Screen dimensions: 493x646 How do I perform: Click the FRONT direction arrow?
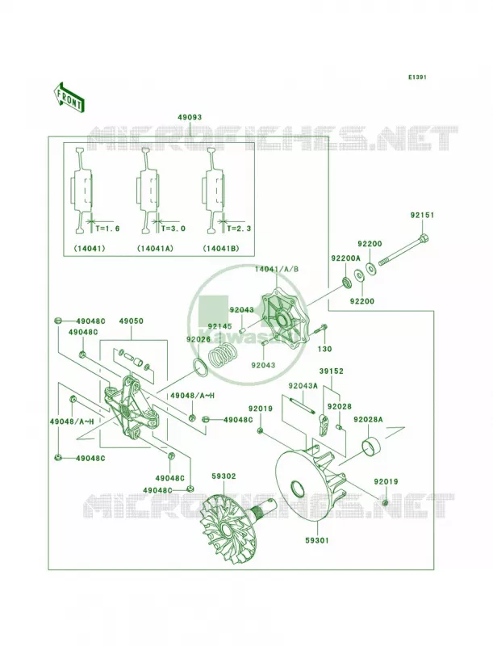pos(69,96)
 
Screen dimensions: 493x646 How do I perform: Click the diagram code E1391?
pos(417,77)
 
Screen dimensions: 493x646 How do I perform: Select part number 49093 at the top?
pos(190,117)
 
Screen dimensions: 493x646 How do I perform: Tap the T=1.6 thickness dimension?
pos(107,229)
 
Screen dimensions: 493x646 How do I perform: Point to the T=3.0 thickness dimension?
pos(173,229)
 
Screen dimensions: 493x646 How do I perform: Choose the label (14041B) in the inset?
pos(221,249)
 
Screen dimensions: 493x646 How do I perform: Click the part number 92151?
pos(422,215)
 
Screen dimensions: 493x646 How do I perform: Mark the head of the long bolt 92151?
pos(424,238)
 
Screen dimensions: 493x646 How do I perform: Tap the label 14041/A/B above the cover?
pos(277,270)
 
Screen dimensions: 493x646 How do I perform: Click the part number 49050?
pos(132,321)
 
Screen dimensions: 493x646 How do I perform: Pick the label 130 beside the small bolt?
pos(324,349)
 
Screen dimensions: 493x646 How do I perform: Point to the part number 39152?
pos(331,371)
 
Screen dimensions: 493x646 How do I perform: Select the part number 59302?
pos(224,476)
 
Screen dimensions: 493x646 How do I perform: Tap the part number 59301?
pos(317,540)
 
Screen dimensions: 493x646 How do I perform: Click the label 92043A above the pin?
pos(303,386)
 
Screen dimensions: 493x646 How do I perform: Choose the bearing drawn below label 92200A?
pos(347,282)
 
